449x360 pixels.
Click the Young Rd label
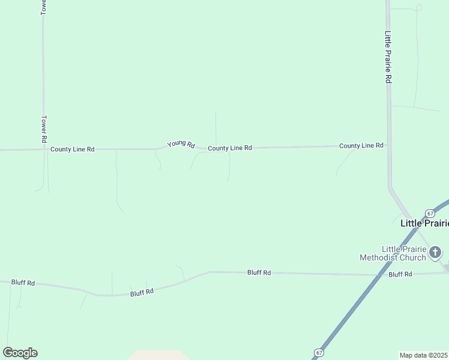pyautogui.click(x=181, y=144)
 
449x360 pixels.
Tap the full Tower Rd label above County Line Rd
pyautogui.click(x=44, y=129)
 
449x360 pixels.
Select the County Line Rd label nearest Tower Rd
pyautogui.click(x=73, y=149)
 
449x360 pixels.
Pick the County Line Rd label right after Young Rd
pyautogui.click(x=230, y=148)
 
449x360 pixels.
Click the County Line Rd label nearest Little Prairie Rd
pyautogui.click(x=361, y=146)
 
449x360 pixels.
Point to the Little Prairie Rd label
pyautogui.click(x=388, y=57)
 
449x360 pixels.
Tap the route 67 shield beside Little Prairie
pyautogui.click(x=430, y=214)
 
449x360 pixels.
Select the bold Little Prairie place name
pyautogui.click(x=424, y=223)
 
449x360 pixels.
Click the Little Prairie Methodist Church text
pyautogui.click(x=402, y=253)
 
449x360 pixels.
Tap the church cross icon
pyautogui.click(x=435, y=252)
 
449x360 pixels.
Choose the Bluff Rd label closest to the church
pyautogui.click(x=400, y=274)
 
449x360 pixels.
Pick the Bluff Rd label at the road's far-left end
pyautogui.click(x=23, y=283)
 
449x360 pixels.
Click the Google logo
pyautogui.click(x=20, y=353)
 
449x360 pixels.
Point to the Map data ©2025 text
pyautogui.click(x=424, y=355)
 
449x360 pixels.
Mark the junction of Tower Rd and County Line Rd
pyautogui.click(x=44, y=149)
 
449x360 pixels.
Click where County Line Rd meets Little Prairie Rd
pyautogui.click(x=388, y=145)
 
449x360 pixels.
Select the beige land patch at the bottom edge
pyautogui.click(x=157, y=355)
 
